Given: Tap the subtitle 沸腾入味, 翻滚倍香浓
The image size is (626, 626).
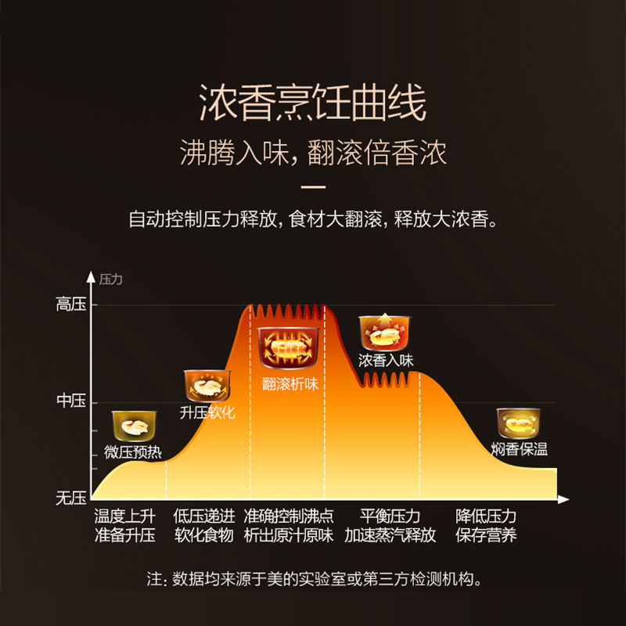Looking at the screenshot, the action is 313,153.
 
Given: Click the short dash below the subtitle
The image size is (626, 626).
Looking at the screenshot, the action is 313,187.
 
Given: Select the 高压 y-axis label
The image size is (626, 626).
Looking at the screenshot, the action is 70,305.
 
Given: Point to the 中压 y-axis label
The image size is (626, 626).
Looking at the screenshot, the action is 70,401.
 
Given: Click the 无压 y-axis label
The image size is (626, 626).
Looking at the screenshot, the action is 70,498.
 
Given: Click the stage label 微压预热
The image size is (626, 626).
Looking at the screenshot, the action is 132,452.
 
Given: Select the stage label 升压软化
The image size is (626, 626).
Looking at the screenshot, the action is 207,412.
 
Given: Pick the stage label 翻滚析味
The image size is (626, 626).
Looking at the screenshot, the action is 290,383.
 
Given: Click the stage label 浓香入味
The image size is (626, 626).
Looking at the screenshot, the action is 386,361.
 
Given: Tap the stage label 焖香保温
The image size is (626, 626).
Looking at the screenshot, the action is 520,449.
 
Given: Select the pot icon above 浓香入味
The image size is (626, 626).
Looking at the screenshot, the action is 385,332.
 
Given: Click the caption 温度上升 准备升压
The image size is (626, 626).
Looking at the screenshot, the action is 125,526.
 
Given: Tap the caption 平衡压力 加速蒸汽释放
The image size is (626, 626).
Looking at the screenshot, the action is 390,526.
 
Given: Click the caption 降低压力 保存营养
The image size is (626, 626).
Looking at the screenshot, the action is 486,526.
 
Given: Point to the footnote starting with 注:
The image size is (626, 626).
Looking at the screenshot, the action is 313,580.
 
